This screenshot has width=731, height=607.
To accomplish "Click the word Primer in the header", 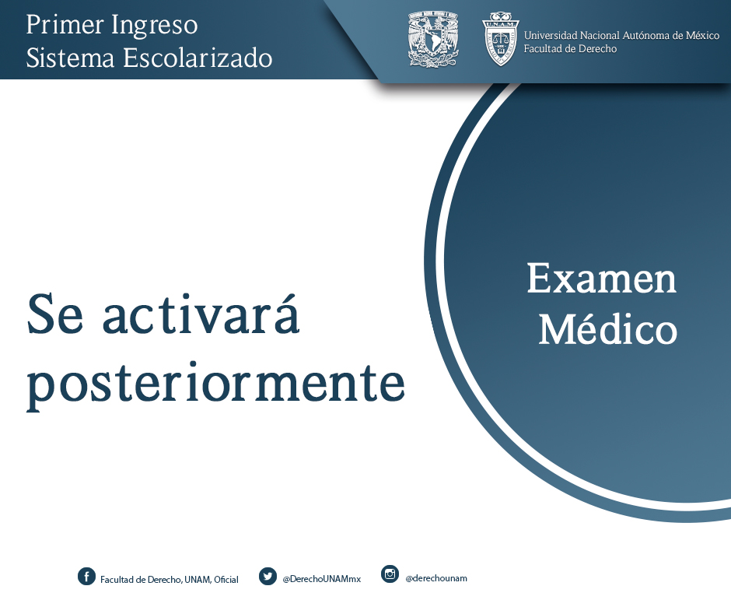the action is (65, 24).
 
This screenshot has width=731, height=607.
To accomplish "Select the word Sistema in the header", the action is (70, 58).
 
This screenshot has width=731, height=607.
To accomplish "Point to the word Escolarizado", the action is (198, 58).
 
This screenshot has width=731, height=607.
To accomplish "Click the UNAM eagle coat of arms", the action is (433, 38).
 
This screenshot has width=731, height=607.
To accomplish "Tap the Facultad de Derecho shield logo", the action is (500, 39).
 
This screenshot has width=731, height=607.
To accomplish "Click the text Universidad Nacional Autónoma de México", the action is (621, 36).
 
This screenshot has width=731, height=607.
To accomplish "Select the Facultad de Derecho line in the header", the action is (570, 48).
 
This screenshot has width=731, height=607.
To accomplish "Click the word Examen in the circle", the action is (601, 279).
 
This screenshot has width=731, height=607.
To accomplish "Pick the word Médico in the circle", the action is (608, 328).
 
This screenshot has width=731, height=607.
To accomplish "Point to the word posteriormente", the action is (215, 384).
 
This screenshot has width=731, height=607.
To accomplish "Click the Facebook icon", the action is (86, 576).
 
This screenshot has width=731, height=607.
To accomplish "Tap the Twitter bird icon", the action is (268, 576).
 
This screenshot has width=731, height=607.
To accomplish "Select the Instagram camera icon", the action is (390, 574).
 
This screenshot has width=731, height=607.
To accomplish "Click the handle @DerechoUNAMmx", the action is (322, 579).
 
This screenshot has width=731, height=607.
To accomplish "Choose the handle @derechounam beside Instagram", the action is (436, 578).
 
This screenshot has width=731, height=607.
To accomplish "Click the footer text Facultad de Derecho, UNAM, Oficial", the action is (170, 580).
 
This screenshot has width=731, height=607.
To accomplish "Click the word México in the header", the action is (702, 36).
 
